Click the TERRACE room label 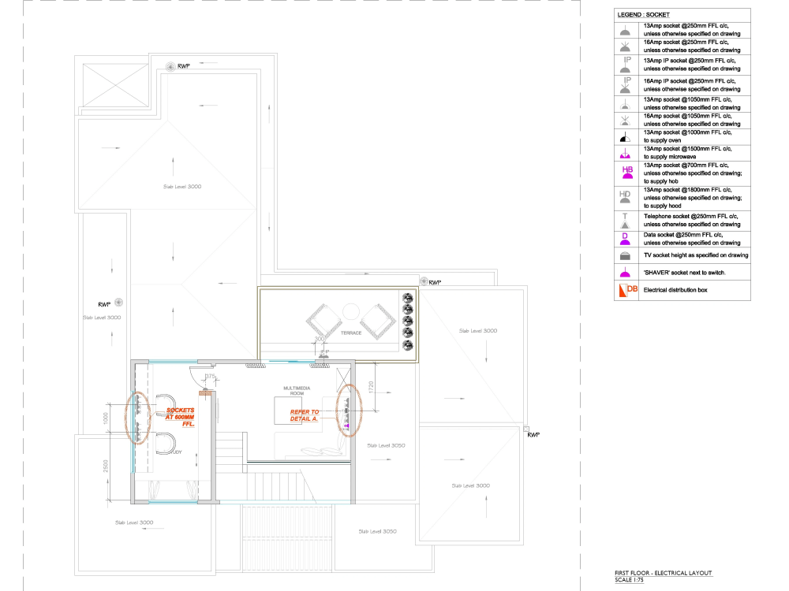click(x=350, y=333)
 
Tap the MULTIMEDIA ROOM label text click(x=292, y=391)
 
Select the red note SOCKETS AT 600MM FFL click(x=180, y=418)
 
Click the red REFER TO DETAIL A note click(x=305, y=415)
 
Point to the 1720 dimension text click(x=371, y=388)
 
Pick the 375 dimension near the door click(x=211, y=378)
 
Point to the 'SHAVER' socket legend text click(x=685, y=272)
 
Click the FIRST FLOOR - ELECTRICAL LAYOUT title click(x=663, y=573)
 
